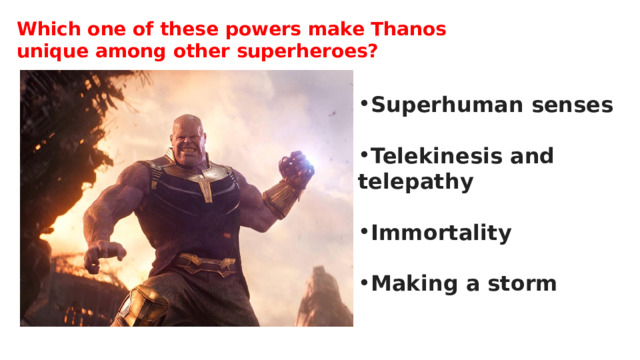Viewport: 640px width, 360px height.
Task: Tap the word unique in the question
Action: click(50, 51)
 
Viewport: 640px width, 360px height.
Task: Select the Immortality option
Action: click(441, 234)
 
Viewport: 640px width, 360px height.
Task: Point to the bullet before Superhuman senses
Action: click(364, 105)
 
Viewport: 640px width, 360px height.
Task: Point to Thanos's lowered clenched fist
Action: click(103, 257)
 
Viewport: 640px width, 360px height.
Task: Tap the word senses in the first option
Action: click(572, 105)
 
